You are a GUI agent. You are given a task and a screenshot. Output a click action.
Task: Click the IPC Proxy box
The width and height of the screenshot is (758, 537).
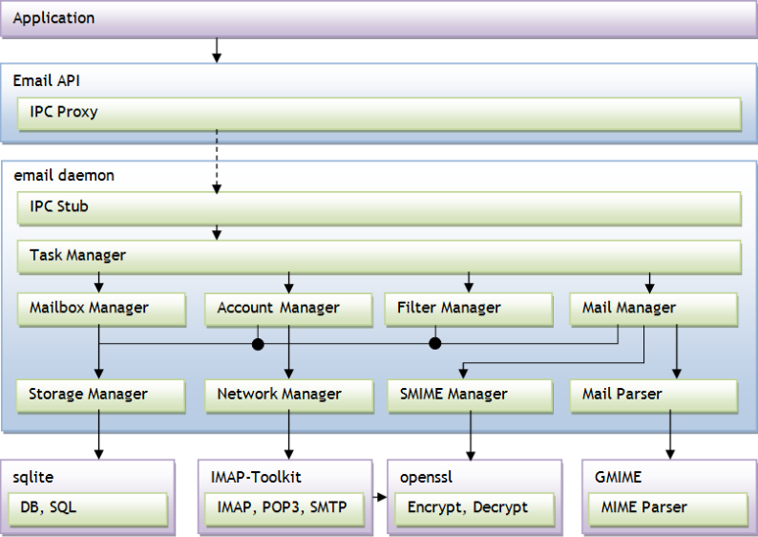click(x=379, y=114)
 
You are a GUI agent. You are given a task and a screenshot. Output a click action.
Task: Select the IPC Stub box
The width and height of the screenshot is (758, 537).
click(x=379, y=207)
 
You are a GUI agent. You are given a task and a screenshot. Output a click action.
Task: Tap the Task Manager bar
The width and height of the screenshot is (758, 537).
click(x=379, y=256)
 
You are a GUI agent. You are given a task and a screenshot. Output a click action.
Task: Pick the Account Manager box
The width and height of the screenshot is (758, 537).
click(x=287, y=309)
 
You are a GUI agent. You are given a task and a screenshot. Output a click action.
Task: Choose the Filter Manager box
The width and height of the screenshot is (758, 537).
click(x=468, y=309)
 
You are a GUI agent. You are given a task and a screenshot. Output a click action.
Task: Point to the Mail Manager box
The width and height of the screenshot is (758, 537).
click(x=653, y=309)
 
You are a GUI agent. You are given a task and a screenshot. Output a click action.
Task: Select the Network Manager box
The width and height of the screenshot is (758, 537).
click(x=287, y=395)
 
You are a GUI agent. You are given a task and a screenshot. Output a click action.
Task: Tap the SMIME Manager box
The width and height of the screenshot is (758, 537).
click(x=468, y=395)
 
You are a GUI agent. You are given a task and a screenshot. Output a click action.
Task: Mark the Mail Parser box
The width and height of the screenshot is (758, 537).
click(x=653, y=395)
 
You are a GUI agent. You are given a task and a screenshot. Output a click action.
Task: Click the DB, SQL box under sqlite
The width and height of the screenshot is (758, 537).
click(x=88, y=508)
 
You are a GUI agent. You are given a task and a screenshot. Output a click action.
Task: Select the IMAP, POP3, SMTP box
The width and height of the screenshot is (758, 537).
click(x=284, y=508)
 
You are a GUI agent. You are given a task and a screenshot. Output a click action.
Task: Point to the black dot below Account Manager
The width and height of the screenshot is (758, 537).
click(x=257, y=343)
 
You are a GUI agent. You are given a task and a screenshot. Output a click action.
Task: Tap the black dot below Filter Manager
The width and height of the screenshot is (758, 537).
click(x=434, y=343)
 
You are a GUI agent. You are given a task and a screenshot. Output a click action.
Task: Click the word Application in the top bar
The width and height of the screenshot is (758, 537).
click(x=53, y=18)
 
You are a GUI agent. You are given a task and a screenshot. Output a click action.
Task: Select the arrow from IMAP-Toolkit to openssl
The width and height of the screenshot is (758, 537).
click(x=379, y=497)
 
